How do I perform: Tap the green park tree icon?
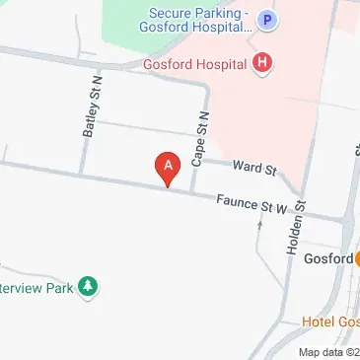click(90, 287)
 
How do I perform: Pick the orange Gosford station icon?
click(356, 259)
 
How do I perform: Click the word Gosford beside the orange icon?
click(328, 259)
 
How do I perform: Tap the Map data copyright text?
click(328, 352)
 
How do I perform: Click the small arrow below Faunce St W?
click(260, 225)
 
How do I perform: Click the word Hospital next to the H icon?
click(223, 65)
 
